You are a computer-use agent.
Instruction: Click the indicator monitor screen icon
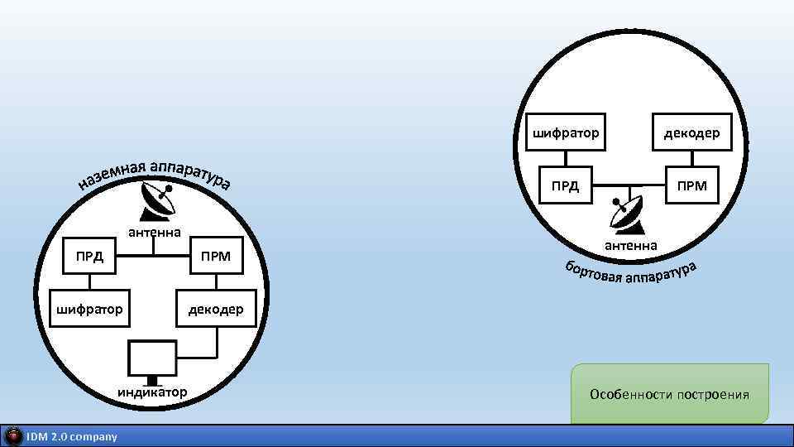coord(152,359)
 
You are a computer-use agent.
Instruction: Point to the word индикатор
coord(152,391)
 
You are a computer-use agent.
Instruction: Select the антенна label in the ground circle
coord(154,232)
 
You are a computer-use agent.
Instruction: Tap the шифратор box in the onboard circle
coord(565,132)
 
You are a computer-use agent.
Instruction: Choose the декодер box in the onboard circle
coord(691,132)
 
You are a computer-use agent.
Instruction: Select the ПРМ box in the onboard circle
coord(691,185)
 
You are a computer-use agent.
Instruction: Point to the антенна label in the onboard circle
coord(630,245)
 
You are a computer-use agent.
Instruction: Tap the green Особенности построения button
coord(669,394)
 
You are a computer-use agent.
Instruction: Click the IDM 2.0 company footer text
coord(72,436)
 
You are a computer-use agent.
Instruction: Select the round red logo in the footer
coord(13,436)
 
